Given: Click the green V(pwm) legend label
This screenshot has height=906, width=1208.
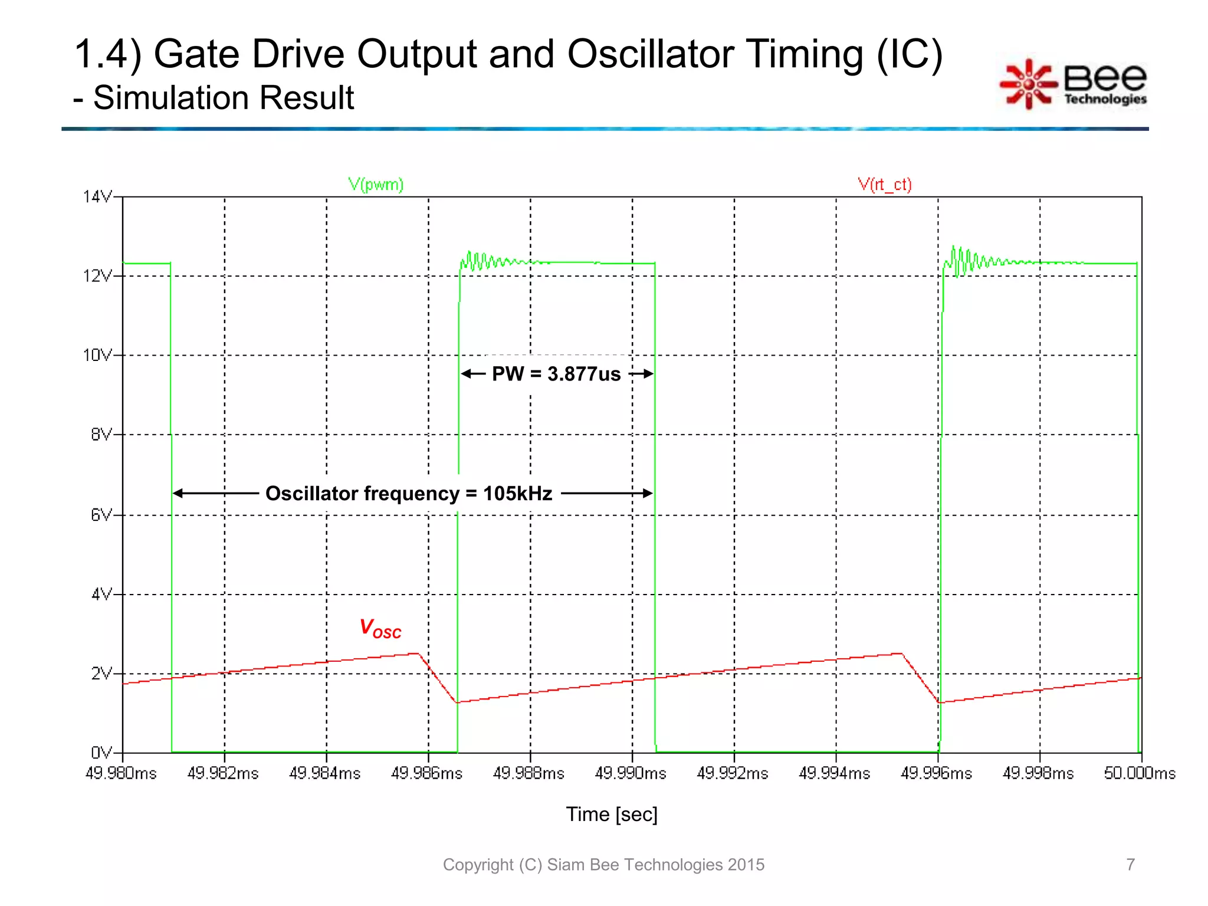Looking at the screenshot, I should point(376,185).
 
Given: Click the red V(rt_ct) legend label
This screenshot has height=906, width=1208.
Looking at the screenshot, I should point(884,185).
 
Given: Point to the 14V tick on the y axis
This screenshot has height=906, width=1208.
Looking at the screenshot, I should point(98,196).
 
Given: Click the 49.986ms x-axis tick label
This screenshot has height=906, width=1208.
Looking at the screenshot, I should point(426,773).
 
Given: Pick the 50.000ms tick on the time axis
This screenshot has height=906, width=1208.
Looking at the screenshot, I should point(1139,773).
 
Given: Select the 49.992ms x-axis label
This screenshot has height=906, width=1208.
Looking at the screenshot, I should point(733,773).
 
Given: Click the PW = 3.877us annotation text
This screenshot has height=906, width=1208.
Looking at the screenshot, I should point(556,374).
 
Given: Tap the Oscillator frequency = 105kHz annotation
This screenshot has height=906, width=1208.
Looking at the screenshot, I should point(409,493).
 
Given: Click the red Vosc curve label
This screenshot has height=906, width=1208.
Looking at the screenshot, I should point(380,629).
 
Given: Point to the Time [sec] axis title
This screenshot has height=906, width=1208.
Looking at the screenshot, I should point(612,814).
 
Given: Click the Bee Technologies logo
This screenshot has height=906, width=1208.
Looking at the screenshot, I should point(1074,84).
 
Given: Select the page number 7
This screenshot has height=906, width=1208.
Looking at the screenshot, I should point(1130,864).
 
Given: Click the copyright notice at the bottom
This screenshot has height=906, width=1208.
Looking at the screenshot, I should point(603,865).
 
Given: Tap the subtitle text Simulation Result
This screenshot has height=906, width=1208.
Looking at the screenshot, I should point(224,97).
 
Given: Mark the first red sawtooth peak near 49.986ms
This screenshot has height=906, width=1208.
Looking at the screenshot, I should point(418,654).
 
